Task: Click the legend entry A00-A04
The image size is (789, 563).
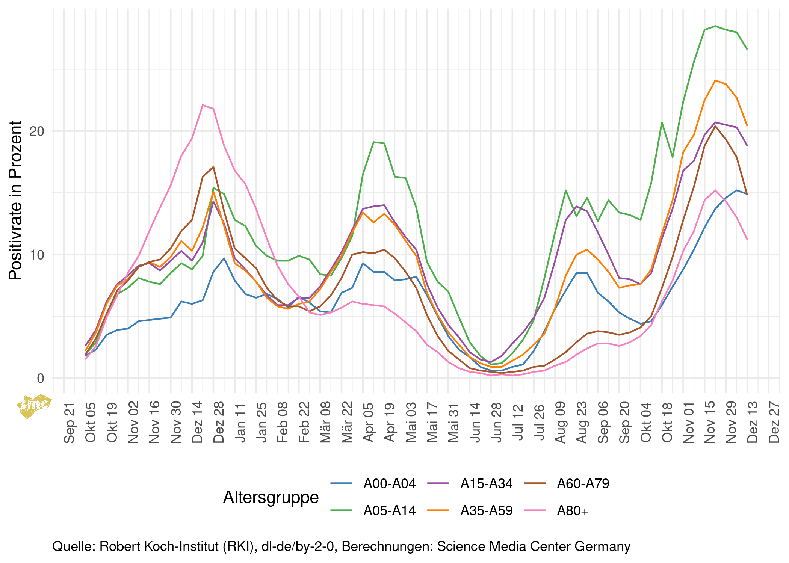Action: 389,484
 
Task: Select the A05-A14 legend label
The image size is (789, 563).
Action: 389,511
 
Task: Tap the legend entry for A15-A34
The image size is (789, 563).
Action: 486,484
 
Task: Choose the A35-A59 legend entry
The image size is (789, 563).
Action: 486,511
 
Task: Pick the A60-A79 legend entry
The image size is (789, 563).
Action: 583,484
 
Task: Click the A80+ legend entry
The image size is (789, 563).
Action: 573,511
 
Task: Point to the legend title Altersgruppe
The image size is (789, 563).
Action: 271,497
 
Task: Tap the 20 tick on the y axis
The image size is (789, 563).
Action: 37,131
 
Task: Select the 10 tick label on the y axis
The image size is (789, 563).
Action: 37,255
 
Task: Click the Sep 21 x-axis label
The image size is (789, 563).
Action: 70,423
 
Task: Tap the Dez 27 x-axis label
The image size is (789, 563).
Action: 774,423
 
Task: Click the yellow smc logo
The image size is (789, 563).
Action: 34,405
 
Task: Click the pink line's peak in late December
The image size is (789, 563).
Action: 203,105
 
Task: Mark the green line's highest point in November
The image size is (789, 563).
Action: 715,26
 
